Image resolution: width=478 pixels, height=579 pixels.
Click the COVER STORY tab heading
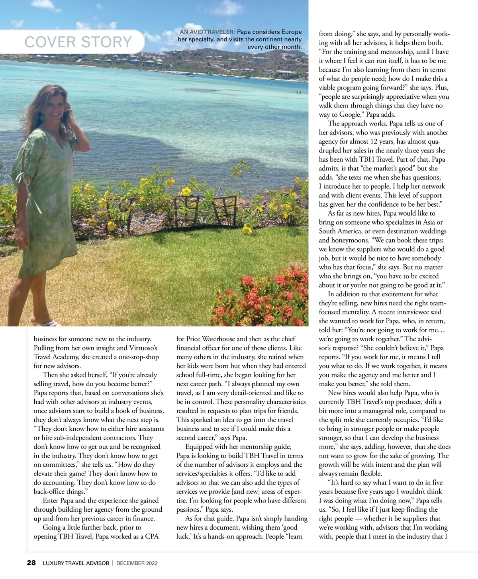[78, 42]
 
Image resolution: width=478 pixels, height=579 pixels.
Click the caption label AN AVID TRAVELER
[208, 32]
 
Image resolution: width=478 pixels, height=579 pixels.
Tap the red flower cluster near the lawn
[259, 295]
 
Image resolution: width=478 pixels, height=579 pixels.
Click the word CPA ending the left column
[152, 536]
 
